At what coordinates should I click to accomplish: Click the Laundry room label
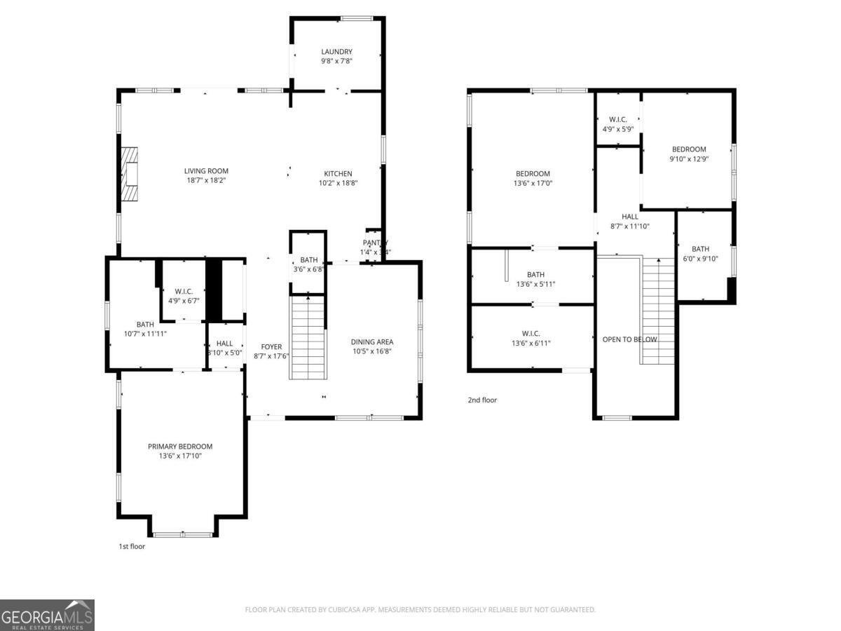(x=336, y=52)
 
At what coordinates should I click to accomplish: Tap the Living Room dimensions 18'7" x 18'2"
(x=206, y=180)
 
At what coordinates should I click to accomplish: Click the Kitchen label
(x=338, y=174)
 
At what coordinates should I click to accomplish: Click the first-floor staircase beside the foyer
(x=308, y=337)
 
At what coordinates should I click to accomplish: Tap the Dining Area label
(x=372, y=342)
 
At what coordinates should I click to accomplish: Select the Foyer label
(x=271, y=346)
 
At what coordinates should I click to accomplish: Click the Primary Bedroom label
(x=180, y=447)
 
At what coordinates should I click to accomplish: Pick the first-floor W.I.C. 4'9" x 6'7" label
(x=184, y=291)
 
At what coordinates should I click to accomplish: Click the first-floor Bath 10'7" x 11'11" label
(x=145, y=325)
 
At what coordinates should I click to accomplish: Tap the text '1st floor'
(x=132, y=546)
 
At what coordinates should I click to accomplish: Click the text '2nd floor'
(x=482, y=400)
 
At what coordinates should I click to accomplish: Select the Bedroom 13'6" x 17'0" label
(x=533, y=174)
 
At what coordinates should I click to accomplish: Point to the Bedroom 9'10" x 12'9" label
(x=689, y=149)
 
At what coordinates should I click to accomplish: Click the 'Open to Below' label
(x=629, y=339)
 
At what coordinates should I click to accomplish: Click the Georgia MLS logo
(x=47, y=615)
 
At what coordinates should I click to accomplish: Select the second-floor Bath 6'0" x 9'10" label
(x=700, y=249)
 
